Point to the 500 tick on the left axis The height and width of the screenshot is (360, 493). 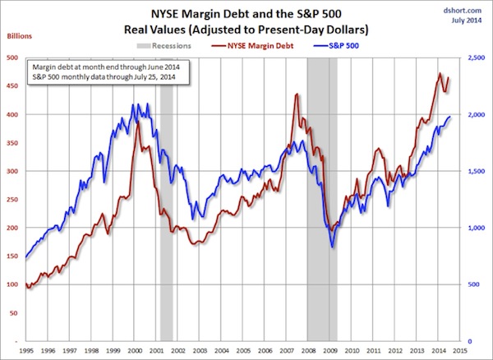[13, 58]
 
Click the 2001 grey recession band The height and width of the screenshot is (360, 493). [166, 205]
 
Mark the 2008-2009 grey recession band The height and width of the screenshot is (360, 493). [321, 205]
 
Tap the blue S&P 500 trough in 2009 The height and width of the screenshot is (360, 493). [332, 246]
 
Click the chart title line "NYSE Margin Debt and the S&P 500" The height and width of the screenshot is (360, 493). [246, 12]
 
